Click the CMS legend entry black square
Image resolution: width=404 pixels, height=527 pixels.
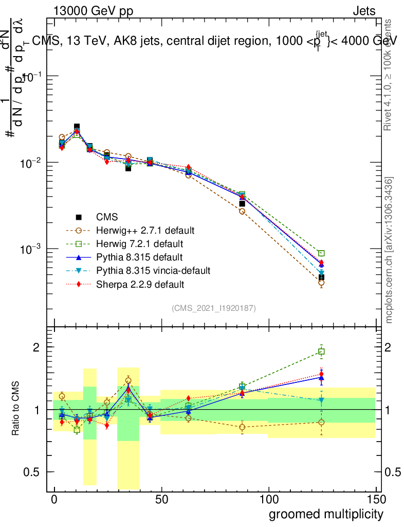tap(78, 217)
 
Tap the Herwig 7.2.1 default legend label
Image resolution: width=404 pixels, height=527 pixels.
tap(140, 243)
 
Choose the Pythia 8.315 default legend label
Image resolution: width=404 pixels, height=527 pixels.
tap(139, 257)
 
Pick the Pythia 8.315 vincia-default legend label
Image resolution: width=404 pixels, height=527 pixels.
tap(153, 270)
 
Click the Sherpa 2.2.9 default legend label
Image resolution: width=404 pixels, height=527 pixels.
tap(140, 284)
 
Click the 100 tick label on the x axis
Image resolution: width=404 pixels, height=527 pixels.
tap(268, 499)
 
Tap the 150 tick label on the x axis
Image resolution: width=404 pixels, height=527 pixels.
tap(375, 499)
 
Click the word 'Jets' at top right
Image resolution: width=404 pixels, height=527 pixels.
tap(364, 11)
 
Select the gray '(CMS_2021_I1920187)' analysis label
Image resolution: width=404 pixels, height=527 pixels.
tap(214, 308)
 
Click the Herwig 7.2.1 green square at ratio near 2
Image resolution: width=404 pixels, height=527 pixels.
tap(321, 352)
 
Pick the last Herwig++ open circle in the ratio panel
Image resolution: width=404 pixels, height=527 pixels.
tap(321, 423)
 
